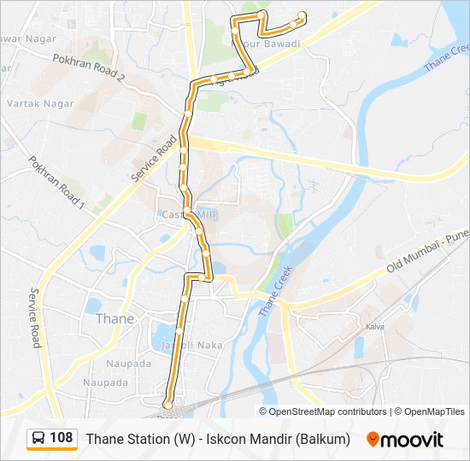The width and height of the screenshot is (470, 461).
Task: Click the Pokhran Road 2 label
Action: (89, 67)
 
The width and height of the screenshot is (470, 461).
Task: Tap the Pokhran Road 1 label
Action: (57, 183)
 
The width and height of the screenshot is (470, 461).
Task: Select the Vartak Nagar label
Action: (40, 103)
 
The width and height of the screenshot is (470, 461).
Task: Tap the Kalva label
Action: (374, 326)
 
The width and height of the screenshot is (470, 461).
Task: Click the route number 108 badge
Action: (61, 438)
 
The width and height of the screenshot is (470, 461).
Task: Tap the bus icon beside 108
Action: (38, 438)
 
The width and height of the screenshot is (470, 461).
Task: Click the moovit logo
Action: (405, 439)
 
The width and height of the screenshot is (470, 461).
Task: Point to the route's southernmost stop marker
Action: (168, 404)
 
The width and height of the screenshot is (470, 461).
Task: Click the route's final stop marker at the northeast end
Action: (303, 15)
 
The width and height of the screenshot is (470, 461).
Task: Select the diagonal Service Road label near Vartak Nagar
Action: (146, 156)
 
